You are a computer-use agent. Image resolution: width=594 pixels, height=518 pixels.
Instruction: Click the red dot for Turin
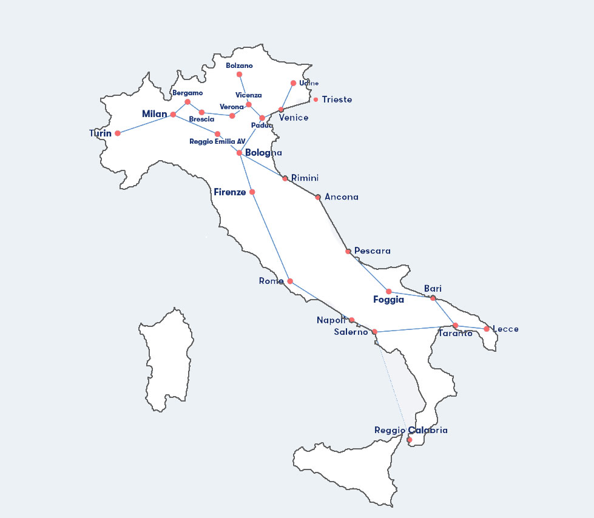click(118, 133)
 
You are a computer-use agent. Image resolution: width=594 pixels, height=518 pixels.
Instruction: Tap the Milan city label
click(154, 114)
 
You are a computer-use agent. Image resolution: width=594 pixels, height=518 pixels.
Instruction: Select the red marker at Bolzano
click(239, 74)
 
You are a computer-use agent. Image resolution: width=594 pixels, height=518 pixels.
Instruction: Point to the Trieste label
click(337, 99)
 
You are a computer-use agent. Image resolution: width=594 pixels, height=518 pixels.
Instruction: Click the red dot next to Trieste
click(316, 99)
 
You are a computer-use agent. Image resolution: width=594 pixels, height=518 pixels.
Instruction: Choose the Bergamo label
click(187, 93)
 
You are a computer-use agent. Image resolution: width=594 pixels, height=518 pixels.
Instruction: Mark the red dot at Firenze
click(252, 192)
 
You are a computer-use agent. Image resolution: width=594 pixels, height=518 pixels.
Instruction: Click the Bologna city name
click(263, 153)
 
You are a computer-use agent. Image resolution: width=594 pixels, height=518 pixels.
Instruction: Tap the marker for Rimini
click(285, 178)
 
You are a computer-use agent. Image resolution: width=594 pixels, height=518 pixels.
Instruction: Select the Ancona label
click(342, 197)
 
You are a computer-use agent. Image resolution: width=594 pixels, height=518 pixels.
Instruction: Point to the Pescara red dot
click(348, 251)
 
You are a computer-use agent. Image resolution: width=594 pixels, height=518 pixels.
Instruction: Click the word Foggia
click(388, 300)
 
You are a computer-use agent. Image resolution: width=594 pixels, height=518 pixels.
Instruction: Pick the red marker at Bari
click(433, 298)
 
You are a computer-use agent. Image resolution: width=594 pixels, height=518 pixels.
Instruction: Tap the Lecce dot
click(487, 329)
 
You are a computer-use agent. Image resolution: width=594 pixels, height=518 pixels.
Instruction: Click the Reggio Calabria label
click(411, 430)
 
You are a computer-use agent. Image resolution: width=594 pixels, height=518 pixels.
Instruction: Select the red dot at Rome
click(290, 281)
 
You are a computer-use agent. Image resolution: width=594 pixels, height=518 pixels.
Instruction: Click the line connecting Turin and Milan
click(146, 124)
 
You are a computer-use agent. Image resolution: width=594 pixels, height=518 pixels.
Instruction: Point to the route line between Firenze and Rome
click(271, 237)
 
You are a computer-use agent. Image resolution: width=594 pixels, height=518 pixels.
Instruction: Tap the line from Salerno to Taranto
click(415, 328)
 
